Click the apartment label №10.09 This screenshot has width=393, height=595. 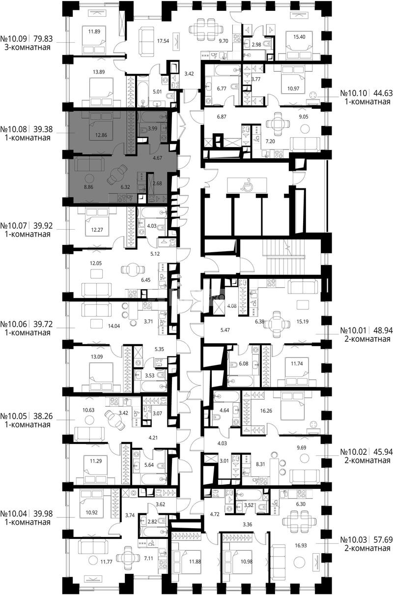pyautogui.click(x=14, y=39)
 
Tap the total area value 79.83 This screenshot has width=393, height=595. pyautogui.click(x=43, y=39)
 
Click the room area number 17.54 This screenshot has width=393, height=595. pyautogui.click(x=163, y=41)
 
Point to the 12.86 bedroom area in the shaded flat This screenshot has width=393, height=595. pyautogui.click(x=101, y=135)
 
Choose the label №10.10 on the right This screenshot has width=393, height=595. pyautogui.click(x=354, y=93)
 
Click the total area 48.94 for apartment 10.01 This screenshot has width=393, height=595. pyautogui.click(x=383, y=330)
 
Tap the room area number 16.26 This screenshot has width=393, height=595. pyautogui.click(x=266, y=411)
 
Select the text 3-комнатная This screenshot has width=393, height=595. pyautogui.click(x=28, y=48)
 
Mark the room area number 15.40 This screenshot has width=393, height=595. pyautogui.click(x=299, y=37)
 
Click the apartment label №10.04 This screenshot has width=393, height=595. pyautogui.click(x=14, y=514)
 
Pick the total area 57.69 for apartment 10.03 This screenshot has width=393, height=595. pyautogui.click(x=383, y=539)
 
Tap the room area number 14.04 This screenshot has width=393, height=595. pyautogui.click(x=114, y=326)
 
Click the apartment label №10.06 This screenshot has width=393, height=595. pyautogui.click(x=14, y=324)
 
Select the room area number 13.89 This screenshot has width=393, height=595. pyautogui.click(x=99, y=71)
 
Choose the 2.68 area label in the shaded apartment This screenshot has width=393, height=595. pyautogui.click(x=157, y=183)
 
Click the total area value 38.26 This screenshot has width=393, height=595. pyautogui.click(x=43, y=416)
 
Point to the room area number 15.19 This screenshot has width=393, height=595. pyautogui.click(x=303, y=322)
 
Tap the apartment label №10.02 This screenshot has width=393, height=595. pyautogui.click(x=354, y=451)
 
